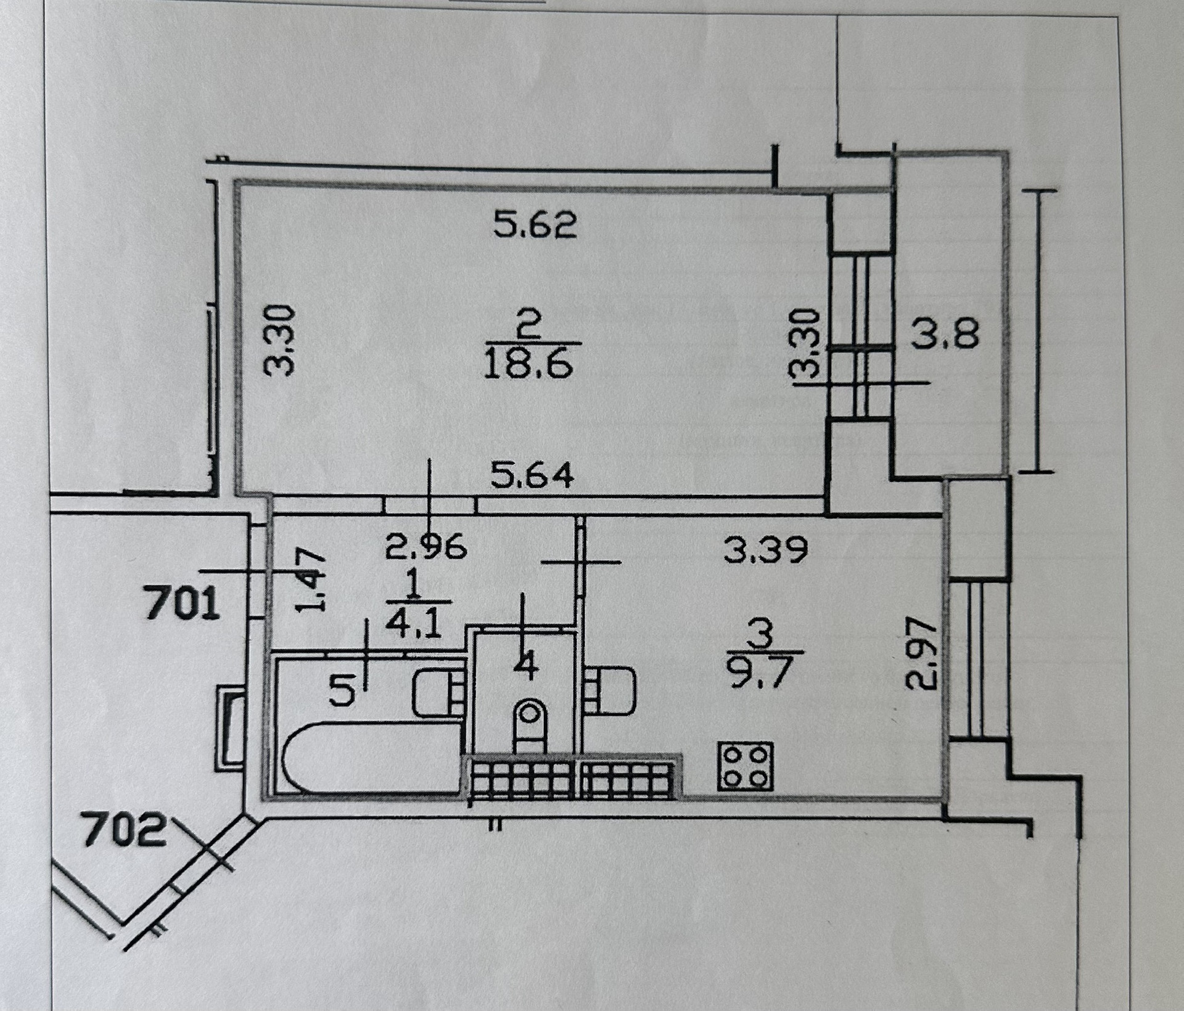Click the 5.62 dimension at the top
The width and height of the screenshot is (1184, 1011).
pyautogui.click(x=535, y=226)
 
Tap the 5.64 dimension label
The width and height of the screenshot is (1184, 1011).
pyautogui.click(x=532, y=476)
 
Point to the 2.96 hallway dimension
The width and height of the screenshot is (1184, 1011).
pyautogui.click(x=425, y=547)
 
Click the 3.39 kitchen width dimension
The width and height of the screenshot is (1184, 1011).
pyautogui.click(x=765, y=551)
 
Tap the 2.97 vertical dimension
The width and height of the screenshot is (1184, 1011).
pyautogui.click(x=921, y=655)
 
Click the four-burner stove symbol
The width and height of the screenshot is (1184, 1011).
pyautogui.click(x=745, y=766)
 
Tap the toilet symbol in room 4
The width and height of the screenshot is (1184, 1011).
pyautogui.click(x=529, y=725)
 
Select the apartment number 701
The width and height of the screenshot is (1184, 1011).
pyautogui.click(x=181, y=604)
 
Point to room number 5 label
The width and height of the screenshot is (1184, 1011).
pyautogui.click(x=342, y=690)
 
